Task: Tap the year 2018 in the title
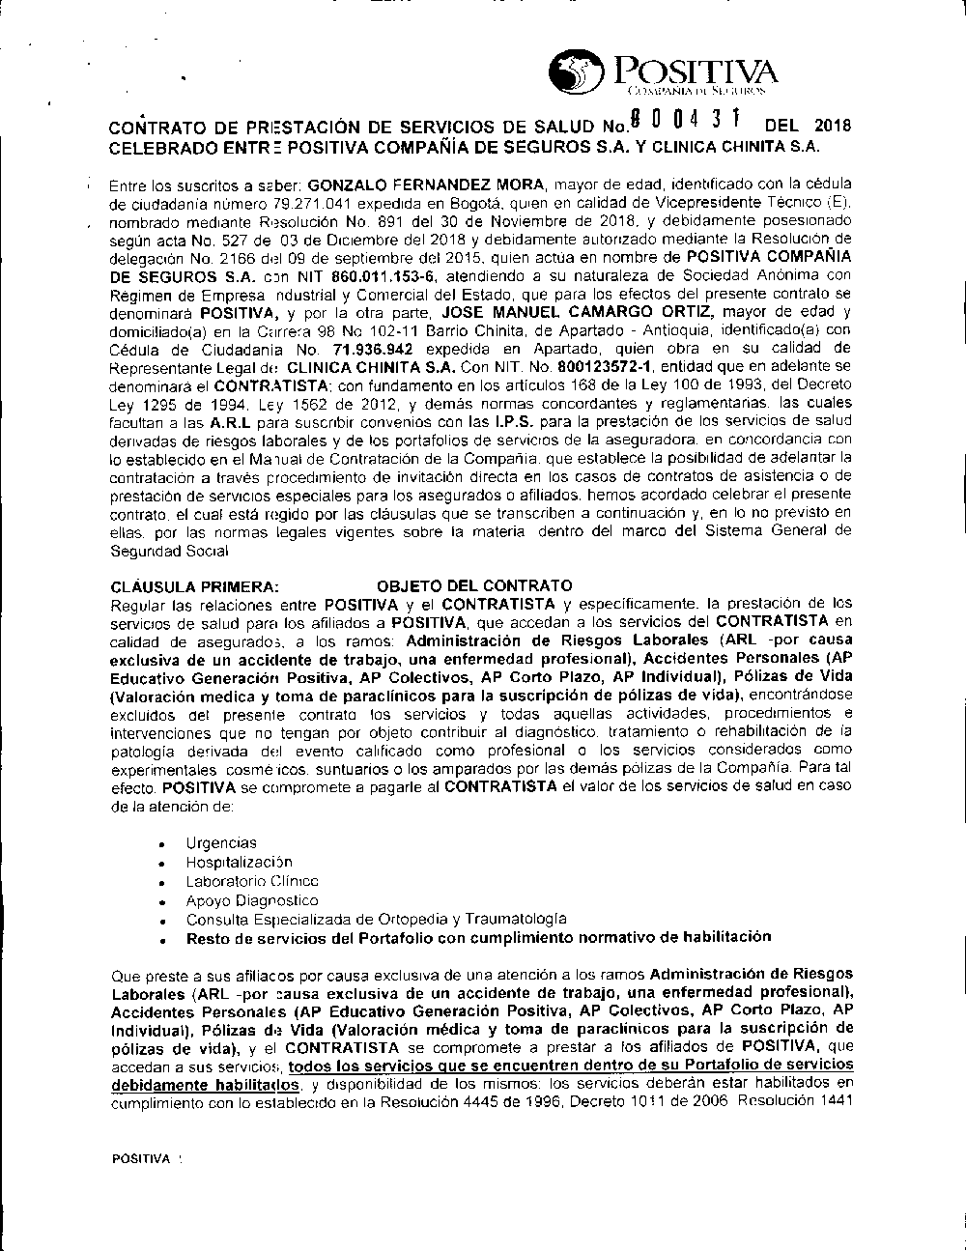(831, 126)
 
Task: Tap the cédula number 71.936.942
(372, 349)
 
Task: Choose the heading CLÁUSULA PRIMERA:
(196, 585)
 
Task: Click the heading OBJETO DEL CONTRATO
(473, 585)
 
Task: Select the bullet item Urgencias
(221, 843)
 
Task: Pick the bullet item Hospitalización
(239, 862)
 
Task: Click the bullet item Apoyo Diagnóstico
(239, 899)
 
